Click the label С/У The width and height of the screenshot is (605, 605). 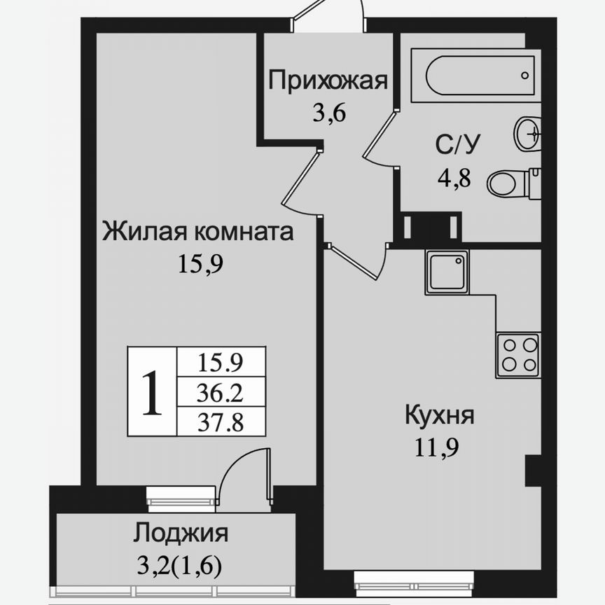[459, 146]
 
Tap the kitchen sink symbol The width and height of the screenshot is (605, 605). [447, 272]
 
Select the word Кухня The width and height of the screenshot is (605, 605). [440, 415]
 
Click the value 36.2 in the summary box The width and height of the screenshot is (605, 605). [221, 394]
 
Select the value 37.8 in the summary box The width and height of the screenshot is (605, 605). [221, 422]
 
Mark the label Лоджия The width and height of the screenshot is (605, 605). [181, 534]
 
